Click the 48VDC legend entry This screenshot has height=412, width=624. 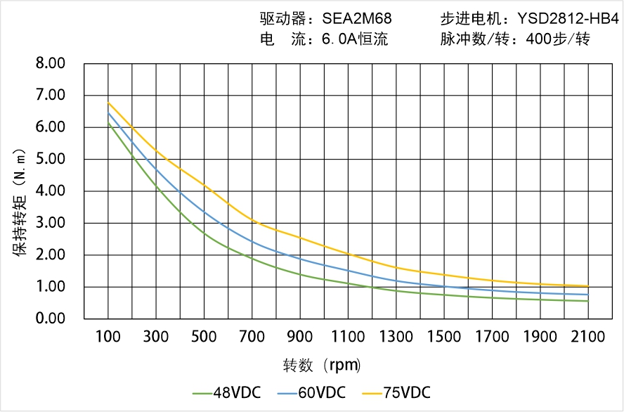(226, 392)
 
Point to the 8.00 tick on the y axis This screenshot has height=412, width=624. (50, 63)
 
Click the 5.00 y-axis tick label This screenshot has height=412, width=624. (50, 159)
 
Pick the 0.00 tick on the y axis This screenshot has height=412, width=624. (50, 318)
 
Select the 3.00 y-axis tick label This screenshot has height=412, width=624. (50, 223)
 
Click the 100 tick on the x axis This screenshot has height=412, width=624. (108, 337)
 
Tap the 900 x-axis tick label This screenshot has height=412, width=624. (300, 337)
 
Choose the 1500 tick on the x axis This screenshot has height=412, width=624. (444, 337)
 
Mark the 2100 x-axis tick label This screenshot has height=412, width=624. (588, 337)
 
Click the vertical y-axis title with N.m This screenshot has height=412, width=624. (21, 200)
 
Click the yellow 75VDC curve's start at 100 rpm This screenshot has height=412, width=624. (108, 103)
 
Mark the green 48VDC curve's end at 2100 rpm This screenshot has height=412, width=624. (588, 301)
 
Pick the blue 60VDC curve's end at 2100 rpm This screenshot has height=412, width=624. (588, 295)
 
